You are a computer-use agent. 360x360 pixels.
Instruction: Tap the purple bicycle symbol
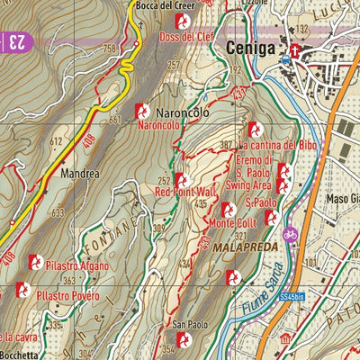click(290, 234)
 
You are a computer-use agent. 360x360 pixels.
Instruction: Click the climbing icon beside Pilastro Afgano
click(36, 262)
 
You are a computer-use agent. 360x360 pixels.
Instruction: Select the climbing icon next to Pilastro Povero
click(21, 292)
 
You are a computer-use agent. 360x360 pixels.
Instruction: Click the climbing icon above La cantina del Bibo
click(254, 129)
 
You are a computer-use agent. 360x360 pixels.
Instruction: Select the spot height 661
click(114, 120)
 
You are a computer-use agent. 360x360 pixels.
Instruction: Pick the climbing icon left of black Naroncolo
click(141, 110)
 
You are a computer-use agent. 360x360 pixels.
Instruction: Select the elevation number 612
click(56, 141)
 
